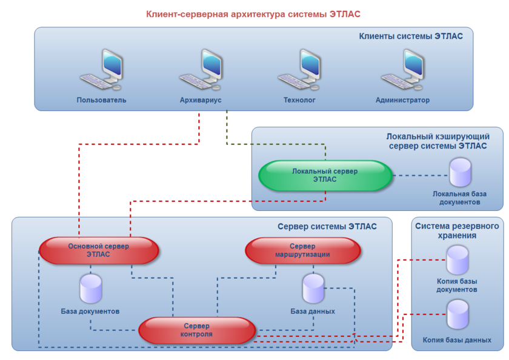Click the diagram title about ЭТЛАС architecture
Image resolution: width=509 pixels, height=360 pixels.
(257, 13)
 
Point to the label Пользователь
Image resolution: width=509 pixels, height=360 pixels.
(102, 100)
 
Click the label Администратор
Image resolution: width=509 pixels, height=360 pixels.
(402, 100)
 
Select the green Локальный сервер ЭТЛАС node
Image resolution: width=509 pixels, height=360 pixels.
(325, 176)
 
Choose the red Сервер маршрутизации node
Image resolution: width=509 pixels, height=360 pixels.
(303, 250)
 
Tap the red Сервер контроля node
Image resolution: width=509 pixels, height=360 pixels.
(198, 330)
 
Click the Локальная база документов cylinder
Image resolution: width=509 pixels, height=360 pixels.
(460, 173)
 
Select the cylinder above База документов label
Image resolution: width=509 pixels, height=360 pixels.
(91, 288)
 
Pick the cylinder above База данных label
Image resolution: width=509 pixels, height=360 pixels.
(313, 288)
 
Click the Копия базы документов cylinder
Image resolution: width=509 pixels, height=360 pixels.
(457, 261)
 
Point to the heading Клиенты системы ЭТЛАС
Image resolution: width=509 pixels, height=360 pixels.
(411, 36)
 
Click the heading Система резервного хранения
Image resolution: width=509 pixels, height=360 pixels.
(457, 230)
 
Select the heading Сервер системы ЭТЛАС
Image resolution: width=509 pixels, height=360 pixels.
(327, 227)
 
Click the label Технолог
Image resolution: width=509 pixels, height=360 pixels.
(299, 100)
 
